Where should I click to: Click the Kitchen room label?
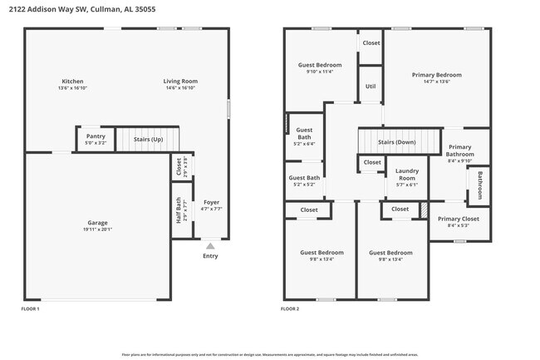point(72,81)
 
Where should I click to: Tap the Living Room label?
point(180,81)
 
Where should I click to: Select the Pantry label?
point(96,136)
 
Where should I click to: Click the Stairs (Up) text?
point(148,139)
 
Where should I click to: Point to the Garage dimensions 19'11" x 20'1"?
point(98,229)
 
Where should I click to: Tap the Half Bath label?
point(179,210)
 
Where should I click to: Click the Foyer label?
point(211,202)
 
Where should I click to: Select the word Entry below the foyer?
point(210,256)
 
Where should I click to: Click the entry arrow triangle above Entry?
point(210,246)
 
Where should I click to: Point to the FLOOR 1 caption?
point(30,308)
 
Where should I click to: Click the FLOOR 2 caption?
point(290,308)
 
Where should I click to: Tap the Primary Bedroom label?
point(436,75)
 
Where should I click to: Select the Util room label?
point(371,86)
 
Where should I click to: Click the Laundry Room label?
point(407,175)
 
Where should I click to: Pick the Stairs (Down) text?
point(396,142)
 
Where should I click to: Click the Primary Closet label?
point(459,219)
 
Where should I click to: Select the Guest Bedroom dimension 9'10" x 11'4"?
point(320,72)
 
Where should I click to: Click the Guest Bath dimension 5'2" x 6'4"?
point(304,144)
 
